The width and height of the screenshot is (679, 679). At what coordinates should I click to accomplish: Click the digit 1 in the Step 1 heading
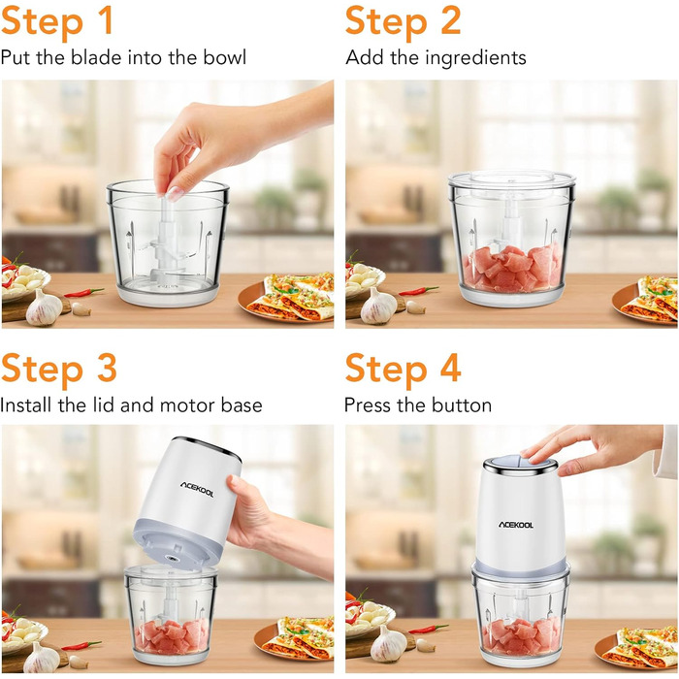(x=105, y=20)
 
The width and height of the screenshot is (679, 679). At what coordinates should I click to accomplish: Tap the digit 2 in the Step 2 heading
(x=451, y=20)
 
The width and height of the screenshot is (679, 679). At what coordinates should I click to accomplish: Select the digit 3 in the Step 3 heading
(x=107, y=368)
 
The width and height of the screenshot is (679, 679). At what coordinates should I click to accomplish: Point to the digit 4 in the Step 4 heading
(x=450, y=368)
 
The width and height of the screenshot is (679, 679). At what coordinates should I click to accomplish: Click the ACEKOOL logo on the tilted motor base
(x=197, y=490)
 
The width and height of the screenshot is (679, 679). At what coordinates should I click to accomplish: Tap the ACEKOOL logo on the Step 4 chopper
(x=516, y=525)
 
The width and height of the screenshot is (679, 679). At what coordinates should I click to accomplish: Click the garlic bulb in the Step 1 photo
(x=44, y=307)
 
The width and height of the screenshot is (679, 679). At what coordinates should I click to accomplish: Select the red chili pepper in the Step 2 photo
(x=419, y=291)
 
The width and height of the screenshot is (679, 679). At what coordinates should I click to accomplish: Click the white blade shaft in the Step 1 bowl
(x=167, y=243)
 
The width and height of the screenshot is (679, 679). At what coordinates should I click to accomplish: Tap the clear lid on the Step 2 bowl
(x=512, y=178)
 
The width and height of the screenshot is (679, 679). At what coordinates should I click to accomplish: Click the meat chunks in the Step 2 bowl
(x=513, y=267)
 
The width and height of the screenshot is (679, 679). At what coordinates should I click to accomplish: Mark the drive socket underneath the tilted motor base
(x=174, y=559)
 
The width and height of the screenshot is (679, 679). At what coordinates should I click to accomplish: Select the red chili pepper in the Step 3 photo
(x=81, y=646)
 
